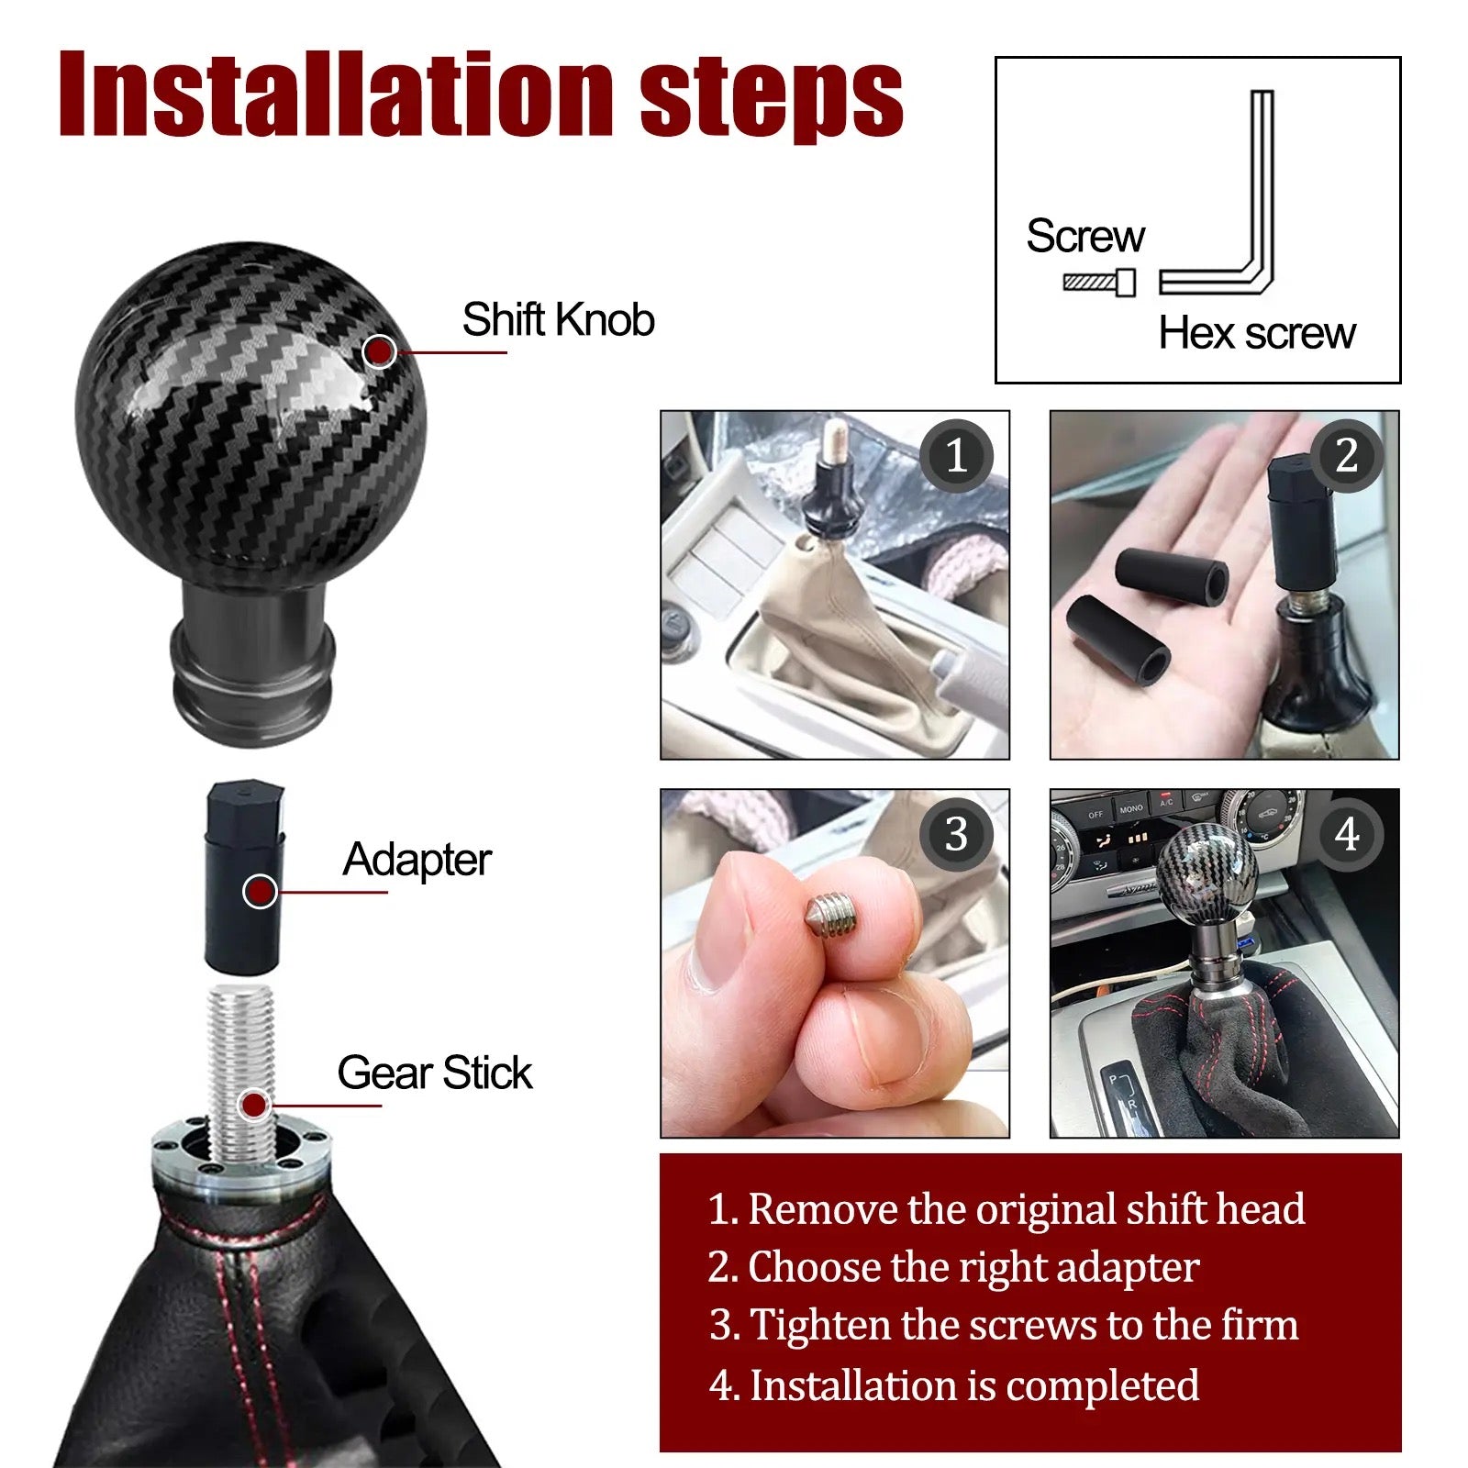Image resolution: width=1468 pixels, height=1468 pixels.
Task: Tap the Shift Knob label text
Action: [558, 320]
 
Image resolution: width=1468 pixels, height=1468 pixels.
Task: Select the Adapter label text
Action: [417, 860]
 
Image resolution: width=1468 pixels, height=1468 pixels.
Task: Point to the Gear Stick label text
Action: [434, 1073]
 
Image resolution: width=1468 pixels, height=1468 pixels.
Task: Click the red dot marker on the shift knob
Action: [380, 350]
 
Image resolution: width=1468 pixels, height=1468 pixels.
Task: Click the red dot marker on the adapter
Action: [261, 890]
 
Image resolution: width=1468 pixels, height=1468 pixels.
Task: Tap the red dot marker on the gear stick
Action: [254, 1105]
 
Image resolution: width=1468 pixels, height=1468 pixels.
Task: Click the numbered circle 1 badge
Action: [956, 456]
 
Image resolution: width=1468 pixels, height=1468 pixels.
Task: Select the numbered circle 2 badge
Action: [1346, 456]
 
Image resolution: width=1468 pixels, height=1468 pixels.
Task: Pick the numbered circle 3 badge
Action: [956, 834]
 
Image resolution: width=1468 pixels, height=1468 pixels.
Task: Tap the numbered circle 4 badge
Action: [1346, 834]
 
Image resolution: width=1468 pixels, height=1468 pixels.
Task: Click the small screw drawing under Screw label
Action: [1099, 283]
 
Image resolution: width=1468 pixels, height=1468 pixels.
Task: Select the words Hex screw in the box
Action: [1256, 333]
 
